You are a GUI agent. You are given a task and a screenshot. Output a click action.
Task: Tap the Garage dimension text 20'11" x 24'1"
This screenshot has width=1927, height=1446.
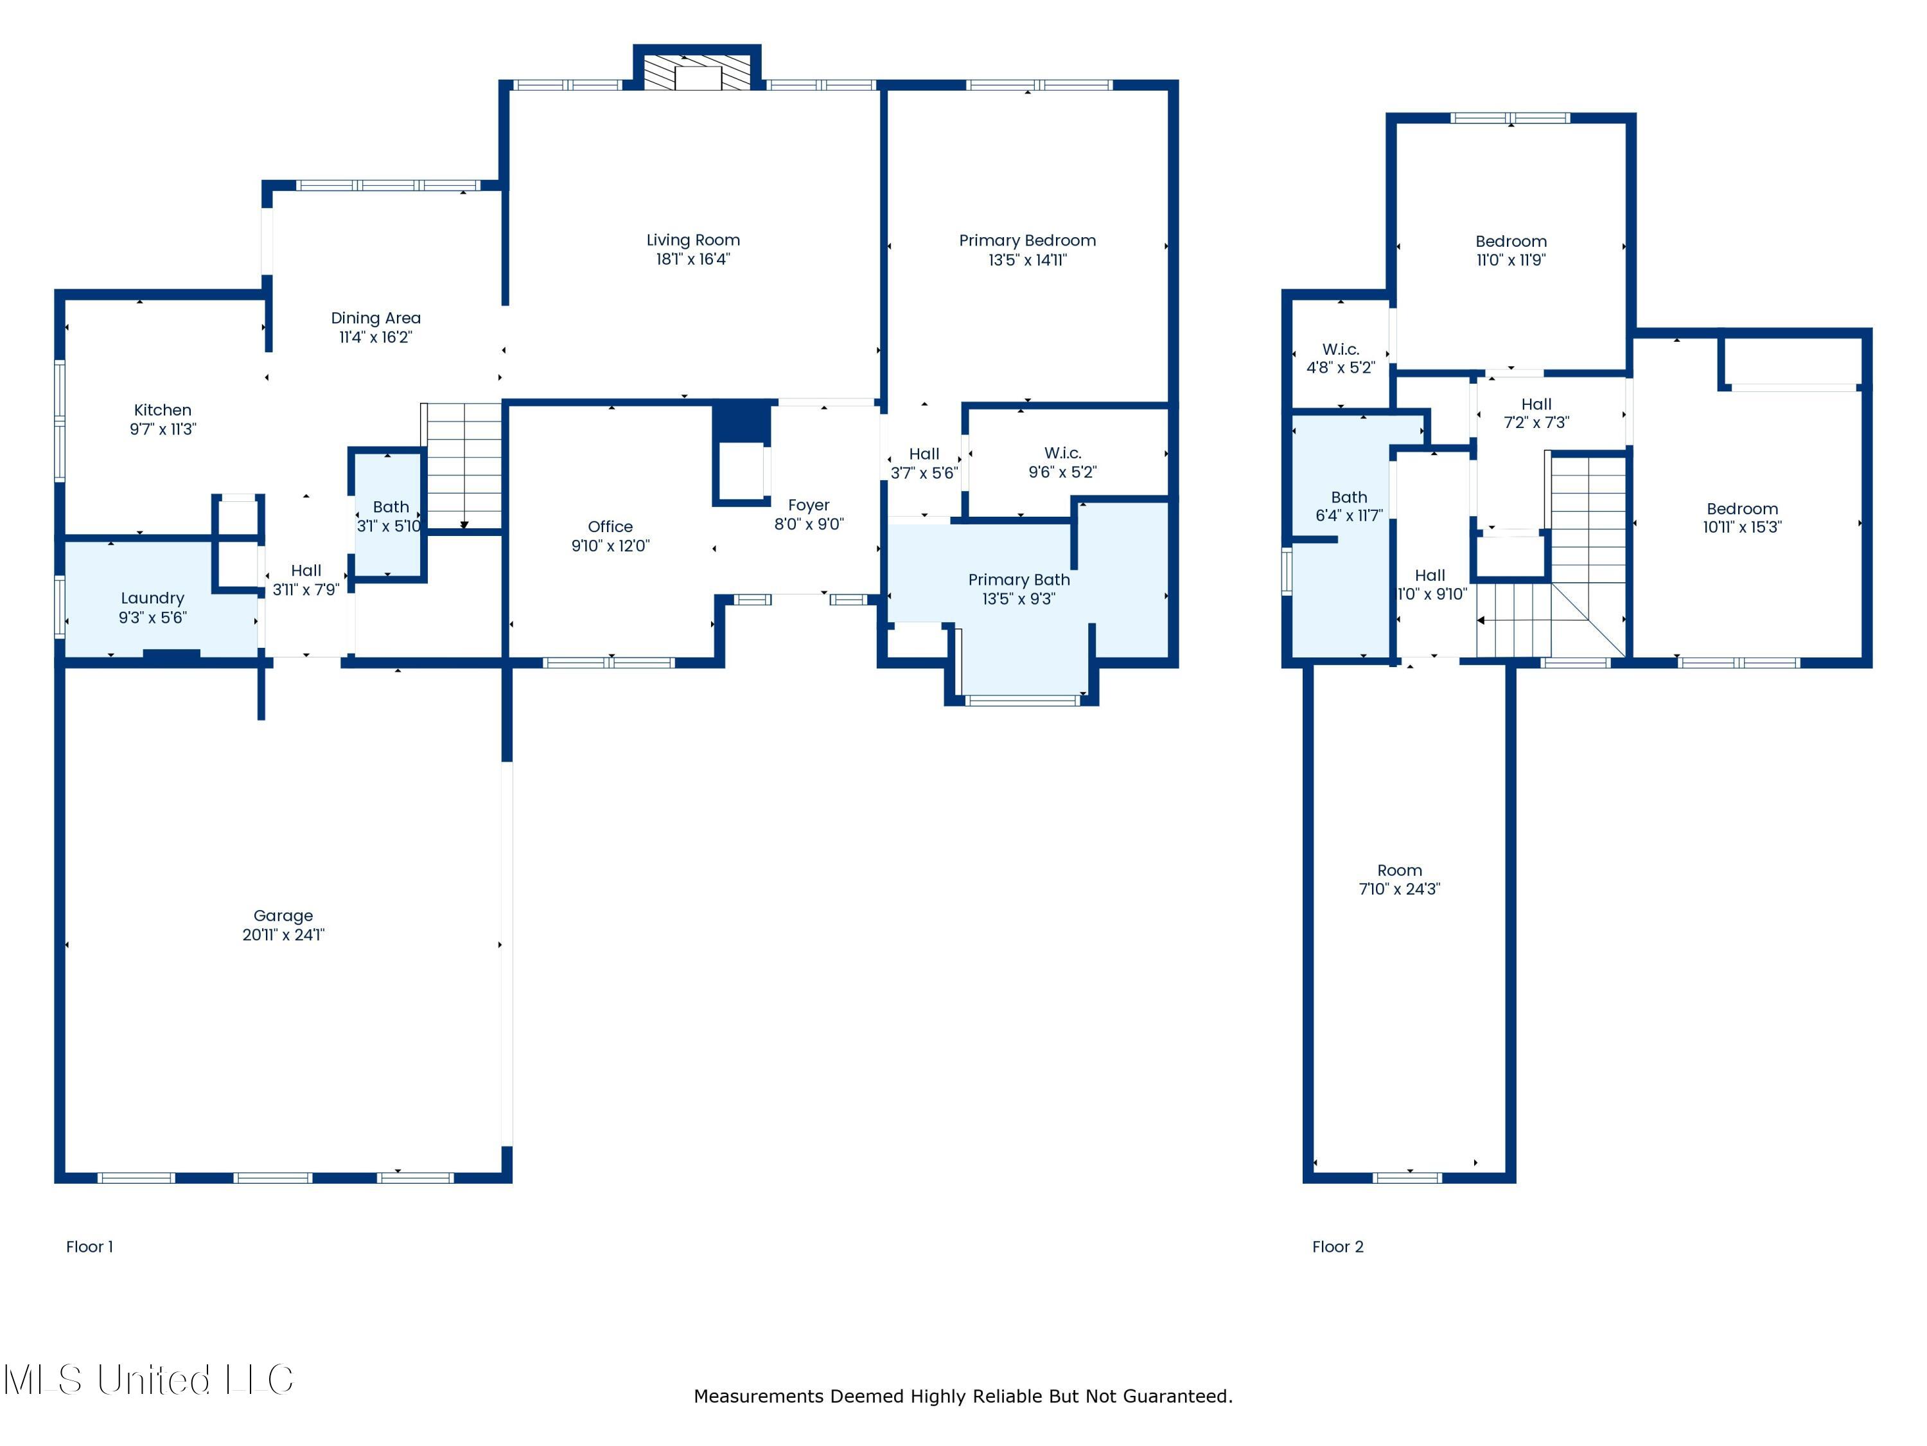click(283, 934)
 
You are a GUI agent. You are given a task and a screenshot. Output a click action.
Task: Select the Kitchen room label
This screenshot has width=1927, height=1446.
click(163, 409)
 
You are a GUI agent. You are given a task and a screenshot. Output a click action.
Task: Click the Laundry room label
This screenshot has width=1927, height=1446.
click(152, 598)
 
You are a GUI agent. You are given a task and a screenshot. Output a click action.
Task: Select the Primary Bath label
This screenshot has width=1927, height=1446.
click(1018, 580)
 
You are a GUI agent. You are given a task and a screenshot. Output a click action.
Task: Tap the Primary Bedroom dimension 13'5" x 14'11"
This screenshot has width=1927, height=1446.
click(1027, 260)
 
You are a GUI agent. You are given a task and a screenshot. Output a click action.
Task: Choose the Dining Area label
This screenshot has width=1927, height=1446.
click(376, 318)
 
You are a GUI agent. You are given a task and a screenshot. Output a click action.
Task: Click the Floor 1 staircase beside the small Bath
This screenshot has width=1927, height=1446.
click(464, 467)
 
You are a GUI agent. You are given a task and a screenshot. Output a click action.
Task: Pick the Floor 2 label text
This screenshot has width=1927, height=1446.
click(1337, 1246)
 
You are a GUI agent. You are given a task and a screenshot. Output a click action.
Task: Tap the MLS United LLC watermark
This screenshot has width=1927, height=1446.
click(148, 1380)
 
